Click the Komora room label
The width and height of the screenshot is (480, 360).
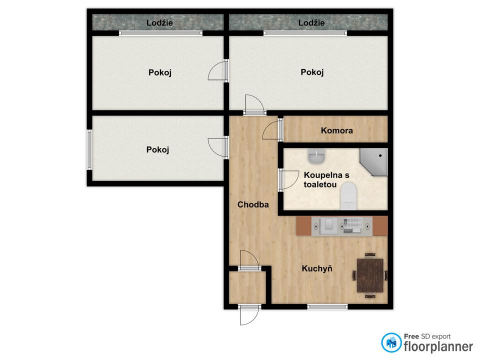[336, 130]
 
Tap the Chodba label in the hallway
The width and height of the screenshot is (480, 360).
[253, 204]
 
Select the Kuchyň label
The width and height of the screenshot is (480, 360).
[317, 268]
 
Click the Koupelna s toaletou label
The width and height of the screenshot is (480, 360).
[326, 179]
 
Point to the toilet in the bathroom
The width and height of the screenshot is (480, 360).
[348, 196]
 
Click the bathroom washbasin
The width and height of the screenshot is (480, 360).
[316, 157]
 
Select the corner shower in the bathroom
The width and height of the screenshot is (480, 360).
[374, 162]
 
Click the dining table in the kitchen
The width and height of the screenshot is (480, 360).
[370, 275]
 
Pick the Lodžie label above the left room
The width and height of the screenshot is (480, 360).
[159, 22]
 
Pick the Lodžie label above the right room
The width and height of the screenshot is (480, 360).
[311, 22]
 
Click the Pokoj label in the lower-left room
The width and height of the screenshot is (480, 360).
[157, 149]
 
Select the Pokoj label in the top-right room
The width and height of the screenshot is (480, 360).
[312, 72]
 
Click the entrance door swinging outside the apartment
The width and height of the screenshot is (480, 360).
[249, 314]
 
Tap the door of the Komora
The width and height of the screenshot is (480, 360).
[272, 130]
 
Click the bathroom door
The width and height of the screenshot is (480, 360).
[288, 180]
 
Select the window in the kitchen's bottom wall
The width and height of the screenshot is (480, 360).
[327, 306]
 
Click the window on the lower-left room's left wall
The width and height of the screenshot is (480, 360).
[89, 149]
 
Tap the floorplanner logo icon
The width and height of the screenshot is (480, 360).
[391, 342]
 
